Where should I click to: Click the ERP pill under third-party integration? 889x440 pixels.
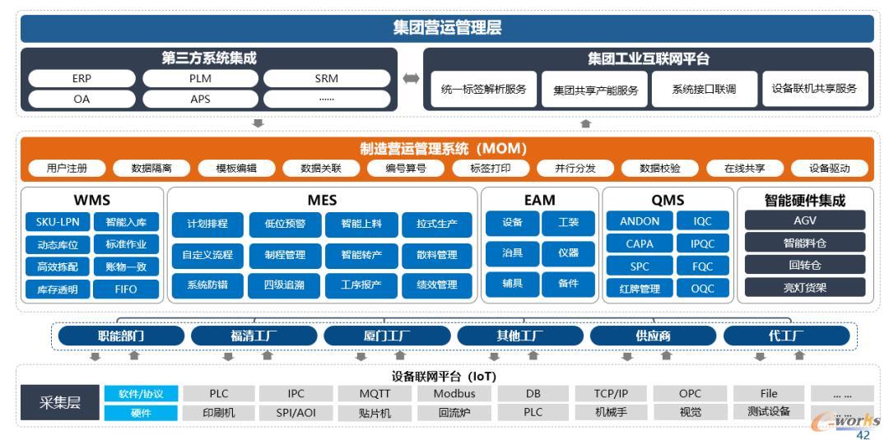click(x=81, y=79)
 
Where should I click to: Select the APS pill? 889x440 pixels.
click(x=200, y=99)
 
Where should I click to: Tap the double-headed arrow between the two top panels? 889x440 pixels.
click(x=411, y=79)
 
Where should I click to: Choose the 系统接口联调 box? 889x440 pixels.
click(x=704, y=89)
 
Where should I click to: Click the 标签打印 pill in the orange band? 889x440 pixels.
click(x=491, y=168)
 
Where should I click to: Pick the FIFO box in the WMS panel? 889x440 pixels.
click(x=126, y=289)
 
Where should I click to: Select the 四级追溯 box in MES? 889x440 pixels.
click(x=285, y=285)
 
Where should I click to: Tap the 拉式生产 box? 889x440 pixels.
click(x=436, y=225)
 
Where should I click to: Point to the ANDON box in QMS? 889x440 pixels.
click(x=640, y=221)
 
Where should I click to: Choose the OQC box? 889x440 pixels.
click(x=702, y=288)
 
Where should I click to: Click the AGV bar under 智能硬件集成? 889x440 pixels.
click(x=805, y=220)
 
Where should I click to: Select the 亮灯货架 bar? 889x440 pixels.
click(x=805, y=287)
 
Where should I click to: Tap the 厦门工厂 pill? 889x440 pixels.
click(x=387, y=336)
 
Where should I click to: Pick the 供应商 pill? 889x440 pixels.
click(x=653, y=336)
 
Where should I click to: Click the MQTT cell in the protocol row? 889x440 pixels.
click(x=375, y=394)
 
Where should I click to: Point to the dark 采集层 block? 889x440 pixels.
click(x=59, y=403)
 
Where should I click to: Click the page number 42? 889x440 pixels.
click(x=863, y=435)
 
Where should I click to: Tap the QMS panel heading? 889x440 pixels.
click(x=668, y=200)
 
